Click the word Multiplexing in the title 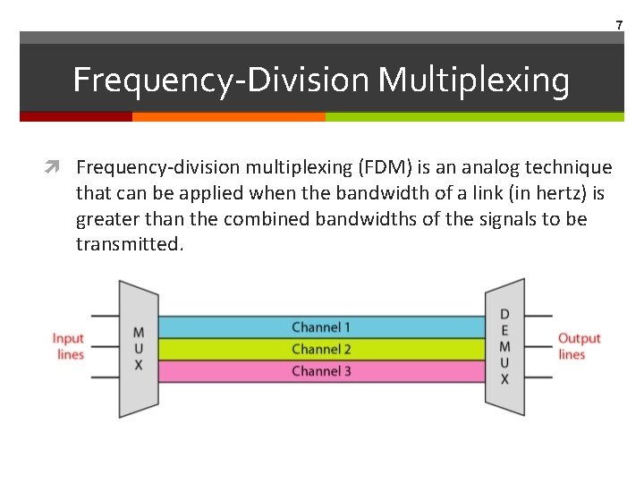pyautogui.click(x=473, y=80)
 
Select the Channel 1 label pyautogui.click(x=321, y=327)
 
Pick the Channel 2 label pyautogui.click(x=321, y=349)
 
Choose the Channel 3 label pyautogui.click(x=321, y=370)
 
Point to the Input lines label pyautogui.click(x=69, y=346)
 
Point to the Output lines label pyautogui.click(x=579, y=346)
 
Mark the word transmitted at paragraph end pyautogui.click(x=129, y=244)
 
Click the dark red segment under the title pyautogui.click(x=76, y=116)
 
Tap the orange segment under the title pyautogui.click(x=228, y=116)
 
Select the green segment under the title pyautogui.click(x=474, y=116)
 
